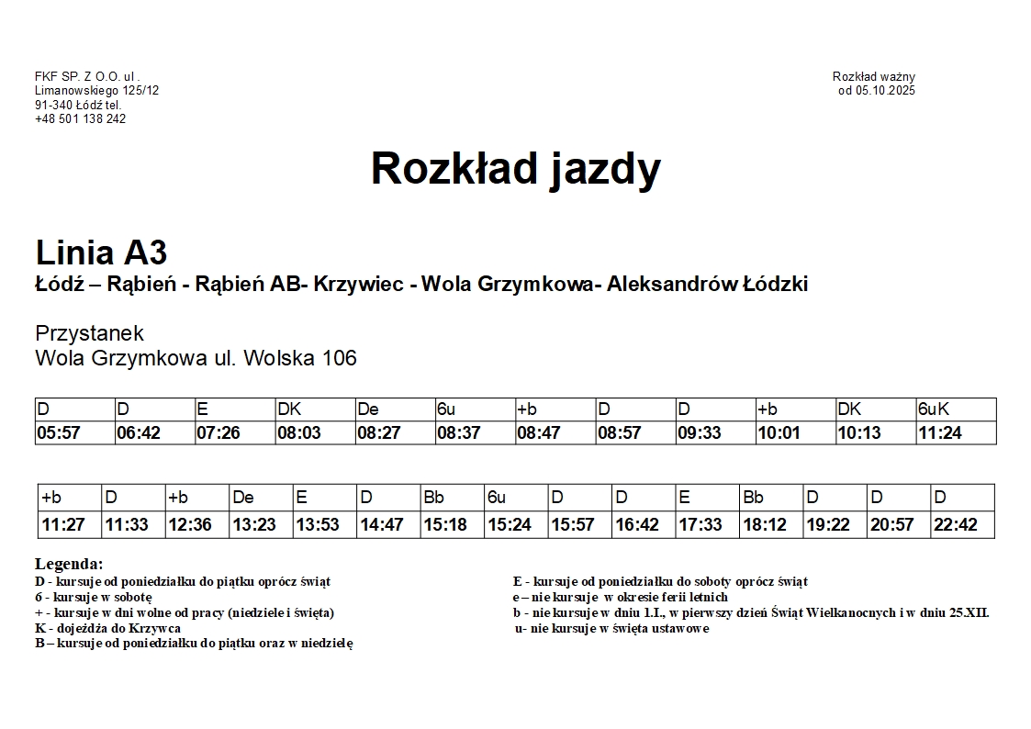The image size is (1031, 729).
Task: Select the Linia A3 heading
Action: click(101, 252)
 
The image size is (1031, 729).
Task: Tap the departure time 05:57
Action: click(59, 433)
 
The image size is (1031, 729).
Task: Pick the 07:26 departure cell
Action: click(219, 433)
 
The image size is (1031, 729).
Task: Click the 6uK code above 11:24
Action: click(933, 409)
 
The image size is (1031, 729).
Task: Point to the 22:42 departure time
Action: click(955, 525)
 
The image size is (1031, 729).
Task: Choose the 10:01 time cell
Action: click(779, 433)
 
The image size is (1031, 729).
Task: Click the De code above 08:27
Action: click(368, 409)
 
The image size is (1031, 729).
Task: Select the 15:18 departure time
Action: click(445, 525)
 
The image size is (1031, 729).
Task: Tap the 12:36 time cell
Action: click(190, 525)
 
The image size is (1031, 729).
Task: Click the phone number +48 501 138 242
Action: click(81, 119)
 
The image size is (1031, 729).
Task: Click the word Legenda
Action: click(69, 564)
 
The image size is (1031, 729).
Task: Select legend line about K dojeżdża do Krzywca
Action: click(107, 628)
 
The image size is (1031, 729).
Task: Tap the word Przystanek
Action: click(89, 333)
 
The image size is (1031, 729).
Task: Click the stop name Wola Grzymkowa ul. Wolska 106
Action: click(196, 358)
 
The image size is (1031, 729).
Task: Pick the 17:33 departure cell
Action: click(700, 525)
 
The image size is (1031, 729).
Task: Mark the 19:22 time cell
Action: click(828, 525)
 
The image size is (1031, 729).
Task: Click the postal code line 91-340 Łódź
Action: click(78, 106)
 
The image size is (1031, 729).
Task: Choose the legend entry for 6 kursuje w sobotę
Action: click(94, 597)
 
